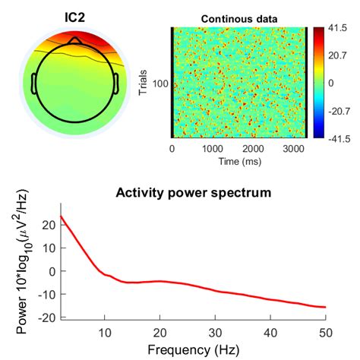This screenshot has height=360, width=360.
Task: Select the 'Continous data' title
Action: tap(238, 18)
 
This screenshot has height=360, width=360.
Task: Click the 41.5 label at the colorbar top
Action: tap(338, 28)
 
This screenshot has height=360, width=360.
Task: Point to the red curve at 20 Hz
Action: tap(159, 281)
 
